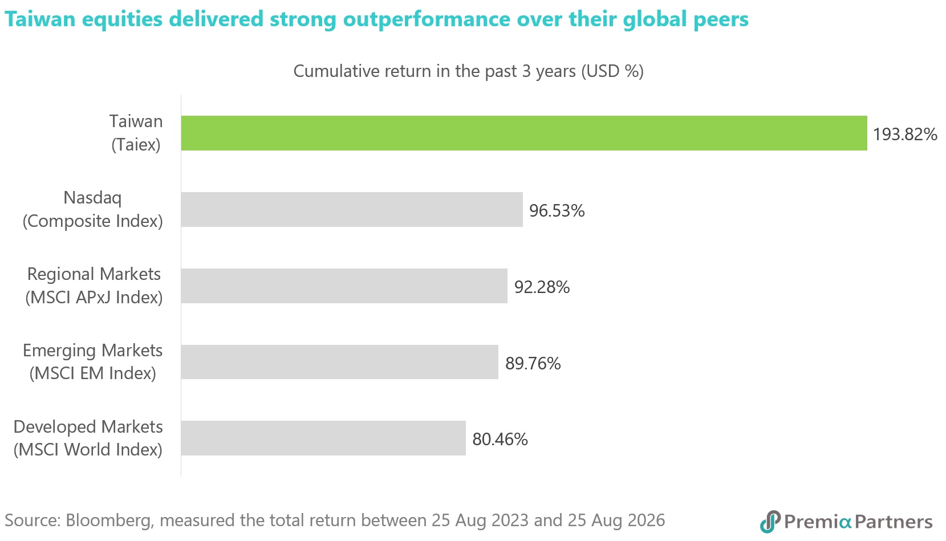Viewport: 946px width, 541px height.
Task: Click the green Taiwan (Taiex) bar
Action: (x=524, y=133)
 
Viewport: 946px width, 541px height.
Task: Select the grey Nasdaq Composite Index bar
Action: (x=352, y=209)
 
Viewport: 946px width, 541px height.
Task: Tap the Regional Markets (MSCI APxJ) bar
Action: (x=344, y=286)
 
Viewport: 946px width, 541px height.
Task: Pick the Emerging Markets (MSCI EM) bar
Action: (x=339, y=362)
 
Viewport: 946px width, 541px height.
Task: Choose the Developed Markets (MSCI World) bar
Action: (x=323, y=438)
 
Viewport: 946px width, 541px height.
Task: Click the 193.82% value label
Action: (x=905, y=135)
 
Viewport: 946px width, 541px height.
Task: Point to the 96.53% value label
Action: (x=557, y=211)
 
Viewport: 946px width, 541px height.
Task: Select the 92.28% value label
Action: (x=542, y=287)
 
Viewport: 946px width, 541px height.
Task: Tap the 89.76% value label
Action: (x=533, y=364)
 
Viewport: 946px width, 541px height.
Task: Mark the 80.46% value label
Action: (x=500, y=440)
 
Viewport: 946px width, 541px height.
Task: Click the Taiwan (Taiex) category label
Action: (x=136, y=133)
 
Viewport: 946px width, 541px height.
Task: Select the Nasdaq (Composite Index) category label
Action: (x=92, y=209)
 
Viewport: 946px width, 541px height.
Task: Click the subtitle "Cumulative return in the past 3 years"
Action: (x=435, y=71)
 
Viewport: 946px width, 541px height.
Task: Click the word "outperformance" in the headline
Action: (x=427, y=19)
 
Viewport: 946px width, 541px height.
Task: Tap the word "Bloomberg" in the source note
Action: (x=109, y=520)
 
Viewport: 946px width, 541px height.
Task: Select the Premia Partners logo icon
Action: (x=770, y=522)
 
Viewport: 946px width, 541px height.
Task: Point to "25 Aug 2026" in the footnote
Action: (x=616, y=520)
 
